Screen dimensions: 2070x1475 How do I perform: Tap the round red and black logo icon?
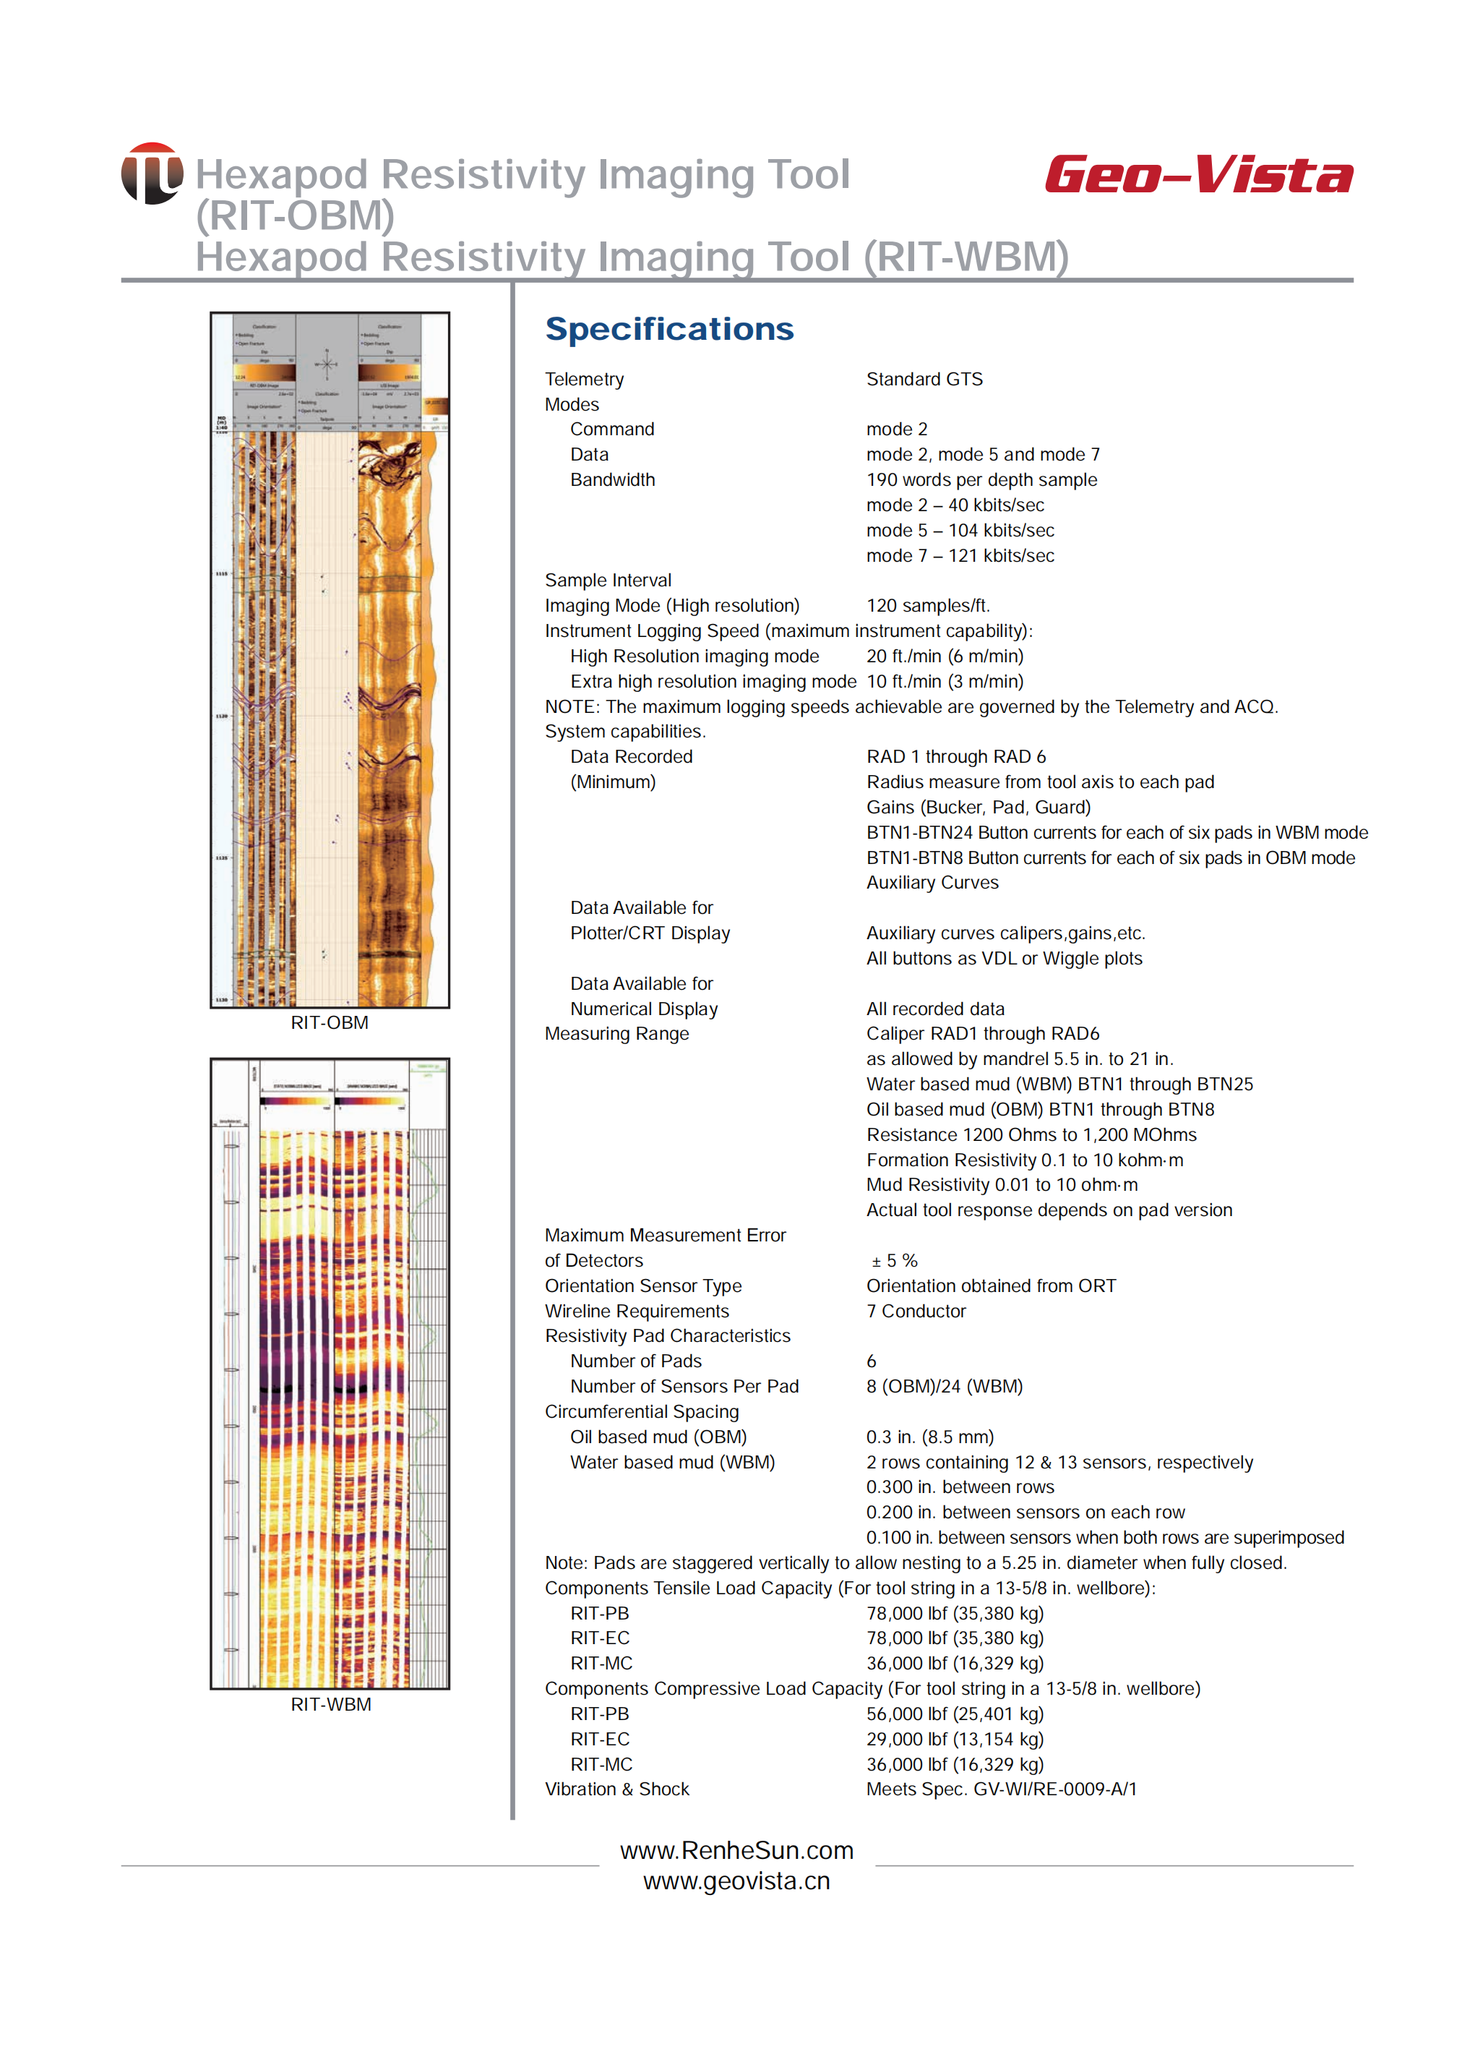[152, 174]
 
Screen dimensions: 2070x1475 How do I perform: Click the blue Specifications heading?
[669, 329]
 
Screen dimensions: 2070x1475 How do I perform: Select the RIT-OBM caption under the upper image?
[330, 1022]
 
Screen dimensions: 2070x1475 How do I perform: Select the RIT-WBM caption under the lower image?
[330, 1705]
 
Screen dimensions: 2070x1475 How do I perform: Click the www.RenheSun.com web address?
[736, 1850]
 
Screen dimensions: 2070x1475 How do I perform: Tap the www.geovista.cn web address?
[736, 1881]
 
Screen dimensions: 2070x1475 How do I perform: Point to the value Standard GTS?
[924, 379]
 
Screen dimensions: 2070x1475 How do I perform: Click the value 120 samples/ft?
[927, 605]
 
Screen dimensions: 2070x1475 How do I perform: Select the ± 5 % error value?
[895, 1260]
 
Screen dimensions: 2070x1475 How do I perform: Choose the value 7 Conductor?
[916, 1312]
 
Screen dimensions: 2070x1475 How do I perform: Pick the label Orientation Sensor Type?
[643, 1286]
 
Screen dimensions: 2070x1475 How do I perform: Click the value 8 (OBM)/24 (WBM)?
[944, 1387]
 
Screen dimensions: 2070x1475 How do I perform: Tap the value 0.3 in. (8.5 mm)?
[929, 1437]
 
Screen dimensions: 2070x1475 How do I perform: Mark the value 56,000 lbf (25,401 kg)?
[955, 1714]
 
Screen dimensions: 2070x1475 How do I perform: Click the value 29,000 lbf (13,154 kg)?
[955, 1740]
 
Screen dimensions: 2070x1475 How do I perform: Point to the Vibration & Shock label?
[616, 1789]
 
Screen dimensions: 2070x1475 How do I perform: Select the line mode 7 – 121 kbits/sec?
[960, 555]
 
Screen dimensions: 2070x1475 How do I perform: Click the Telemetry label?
[584, 379]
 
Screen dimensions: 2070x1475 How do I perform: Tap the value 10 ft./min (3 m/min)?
[945, 682]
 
